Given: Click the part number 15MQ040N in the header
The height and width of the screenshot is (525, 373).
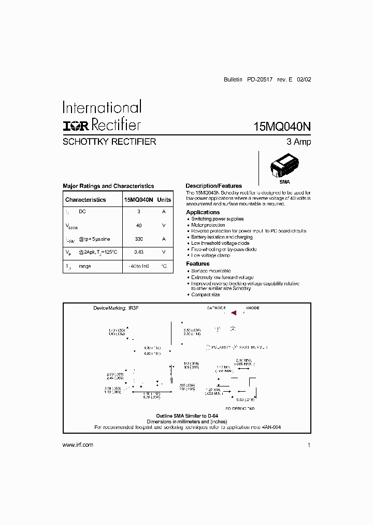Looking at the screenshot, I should (x=282, y=127).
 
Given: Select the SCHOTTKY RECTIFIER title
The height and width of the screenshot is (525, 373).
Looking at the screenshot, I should (x=109, y=141).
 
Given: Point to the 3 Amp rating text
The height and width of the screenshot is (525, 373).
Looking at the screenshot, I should (x=299, y=142).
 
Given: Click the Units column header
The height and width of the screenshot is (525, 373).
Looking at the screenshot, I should (x=164, y=200).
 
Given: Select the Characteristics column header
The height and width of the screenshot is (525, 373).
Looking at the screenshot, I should (x=85, y=200).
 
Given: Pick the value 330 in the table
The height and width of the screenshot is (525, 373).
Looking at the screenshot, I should (x=139, y=239).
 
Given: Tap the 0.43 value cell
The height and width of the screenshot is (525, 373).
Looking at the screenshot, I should (x=139, y=252).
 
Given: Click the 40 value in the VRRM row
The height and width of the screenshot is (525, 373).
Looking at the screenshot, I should (x=139, y=226).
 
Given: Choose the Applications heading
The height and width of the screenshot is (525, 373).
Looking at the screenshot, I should (x=203, y=212).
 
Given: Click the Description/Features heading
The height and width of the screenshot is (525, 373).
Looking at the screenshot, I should (x=213, y=186).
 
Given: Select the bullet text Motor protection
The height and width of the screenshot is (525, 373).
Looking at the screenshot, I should (x=208, y=225).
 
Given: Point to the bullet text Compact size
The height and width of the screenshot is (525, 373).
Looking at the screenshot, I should (x=206, y=295).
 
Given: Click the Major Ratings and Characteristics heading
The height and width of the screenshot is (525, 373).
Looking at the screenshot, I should (x=108, y=186).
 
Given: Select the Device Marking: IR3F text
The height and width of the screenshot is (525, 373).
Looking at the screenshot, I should (x=116, y=308).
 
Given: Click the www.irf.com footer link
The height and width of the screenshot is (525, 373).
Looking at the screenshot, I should (x=78, y=445).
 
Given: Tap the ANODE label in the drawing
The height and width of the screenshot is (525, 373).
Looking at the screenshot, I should (x=252, y=308).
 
